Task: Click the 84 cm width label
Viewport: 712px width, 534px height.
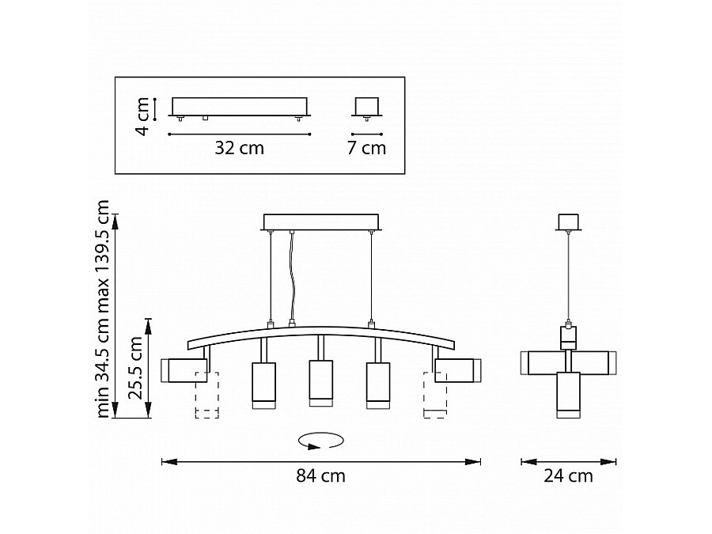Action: tap(320, 476)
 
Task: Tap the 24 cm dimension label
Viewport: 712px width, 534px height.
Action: tap(568, 476)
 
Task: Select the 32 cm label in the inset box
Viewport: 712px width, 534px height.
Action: tap(239, 148)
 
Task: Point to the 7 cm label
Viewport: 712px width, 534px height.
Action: tap(366, 148)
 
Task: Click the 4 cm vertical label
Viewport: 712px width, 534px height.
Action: tap(142, 116)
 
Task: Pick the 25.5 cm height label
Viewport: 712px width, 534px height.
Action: tap(135, 368)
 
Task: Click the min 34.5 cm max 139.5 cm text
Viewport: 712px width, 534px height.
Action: tap(103, 309)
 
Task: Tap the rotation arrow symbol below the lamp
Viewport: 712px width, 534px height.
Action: tap(320, 441)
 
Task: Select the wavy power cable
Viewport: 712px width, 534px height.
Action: tap(291, 277)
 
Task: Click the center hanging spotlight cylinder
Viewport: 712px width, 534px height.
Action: tap(320, 383)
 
